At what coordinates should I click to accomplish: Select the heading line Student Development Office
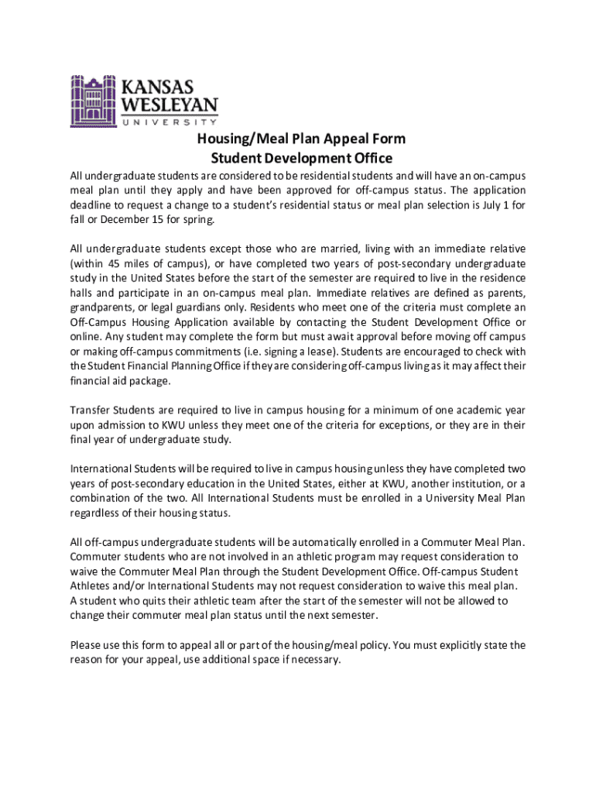[x=302, y=159]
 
